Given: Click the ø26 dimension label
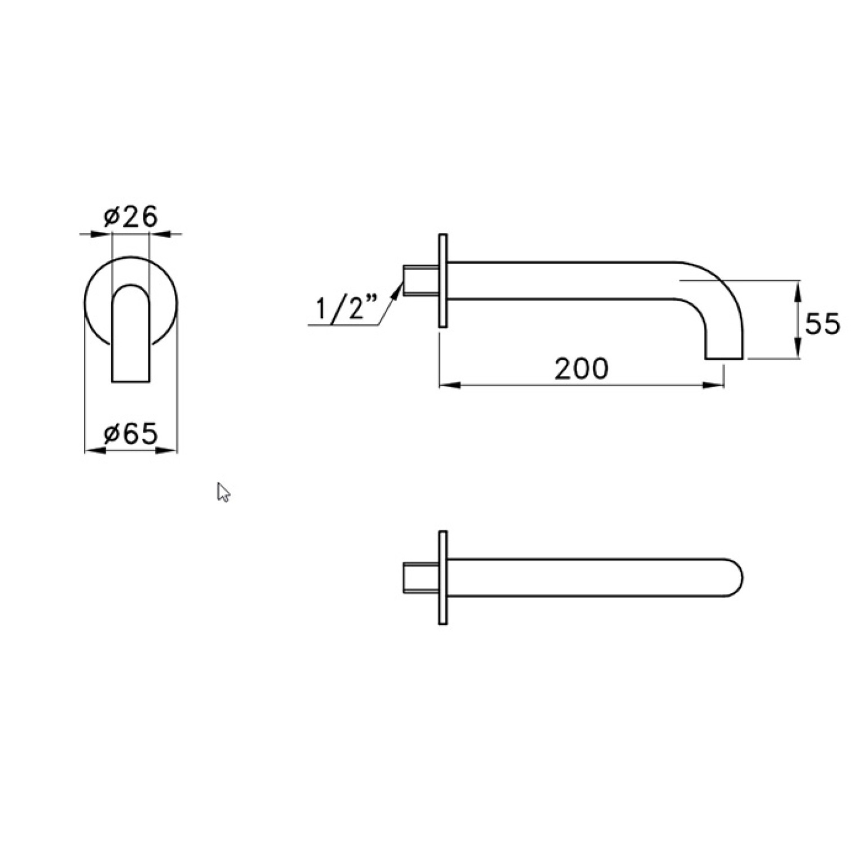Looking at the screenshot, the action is pyautogui.click(x=131, y=217).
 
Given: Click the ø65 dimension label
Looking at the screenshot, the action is pyautogui.click(x=131, y=434).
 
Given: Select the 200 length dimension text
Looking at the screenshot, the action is pyautogui.click(x=581, y=369).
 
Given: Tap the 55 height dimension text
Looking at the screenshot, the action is pyautogui.click(x=822, y=324).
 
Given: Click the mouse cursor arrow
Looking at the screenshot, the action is pyautogui.click(x=223, y=492).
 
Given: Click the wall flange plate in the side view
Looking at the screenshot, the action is pyautogui.click(x=443, y=280).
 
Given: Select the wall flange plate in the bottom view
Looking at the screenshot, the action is pyautogui.click(x=443, y=577).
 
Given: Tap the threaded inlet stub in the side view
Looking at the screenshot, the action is pyautogui.click(x=421, y=280).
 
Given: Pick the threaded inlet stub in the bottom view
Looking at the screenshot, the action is pyautogui.click(x=421, y=577).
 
